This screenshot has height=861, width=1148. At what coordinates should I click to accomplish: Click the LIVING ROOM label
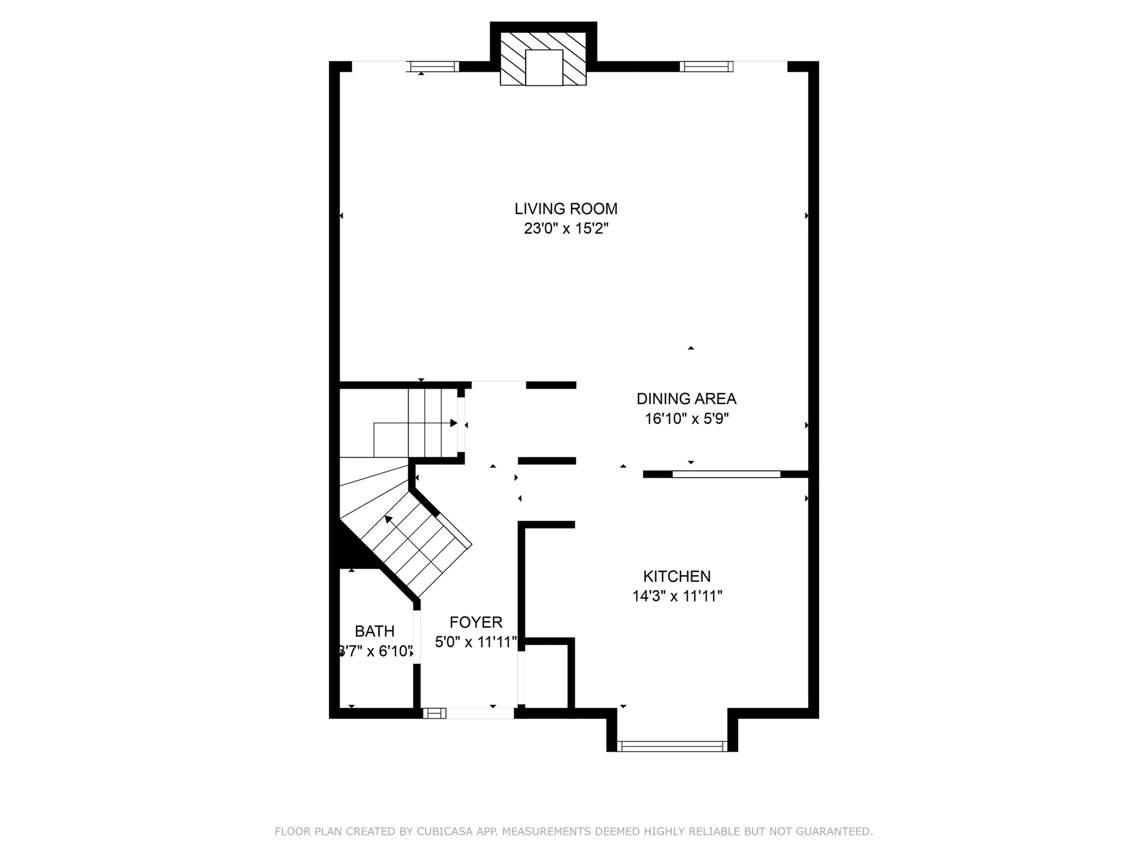566,209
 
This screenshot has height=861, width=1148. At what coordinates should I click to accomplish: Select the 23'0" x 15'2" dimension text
566,228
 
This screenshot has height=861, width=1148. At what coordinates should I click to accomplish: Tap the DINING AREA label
686,399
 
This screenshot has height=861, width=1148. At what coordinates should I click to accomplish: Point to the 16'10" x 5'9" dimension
686,419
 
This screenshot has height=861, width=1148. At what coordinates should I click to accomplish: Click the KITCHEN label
677,576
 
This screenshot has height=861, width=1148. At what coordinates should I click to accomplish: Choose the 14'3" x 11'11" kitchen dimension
677,596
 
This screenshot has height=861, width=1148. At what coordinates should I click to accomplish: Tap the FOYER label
476,622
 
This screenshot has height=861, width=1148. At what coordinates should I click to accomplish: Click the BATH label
374,631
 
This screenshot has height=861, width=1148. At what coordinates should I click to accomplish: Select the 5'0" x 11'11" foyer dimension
476,642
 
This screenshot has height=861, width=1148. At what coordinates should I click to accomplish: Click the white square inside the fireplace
544,68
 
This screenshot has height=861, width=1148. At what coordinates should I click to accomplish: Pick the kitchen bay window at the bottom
672,746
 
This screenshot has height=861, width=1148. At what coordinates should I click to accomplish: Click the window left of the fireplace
433,66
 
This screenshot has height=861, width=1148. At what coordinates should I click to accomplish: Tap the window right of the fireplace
706,66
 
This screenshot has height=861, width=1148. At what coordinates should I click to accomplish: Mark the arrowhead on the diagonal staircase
389,519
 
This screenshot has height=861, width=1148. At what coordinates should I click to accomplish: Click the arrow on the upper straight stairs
453,423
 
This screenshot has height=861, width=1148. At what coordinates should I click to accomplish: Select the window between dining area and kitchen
726,474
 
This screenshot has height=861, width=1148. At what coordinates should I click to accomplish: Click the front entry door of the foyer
480,713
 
